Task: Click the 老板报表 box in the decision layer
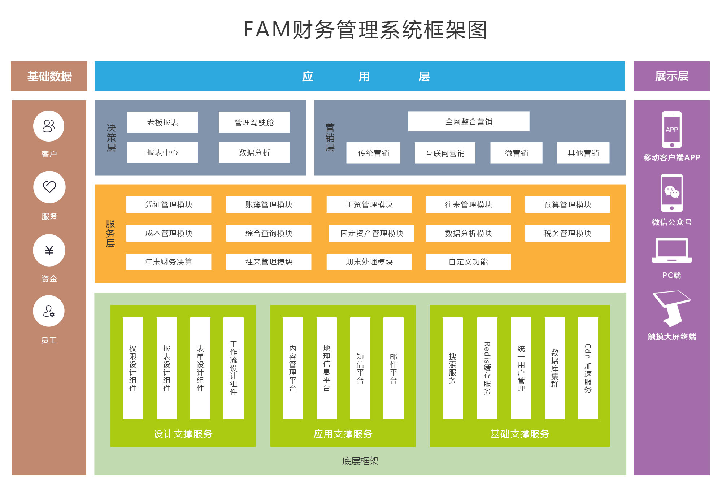click(162, 122)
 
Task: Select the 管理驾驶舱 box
click(254, 122)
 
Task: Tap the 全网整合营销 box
click(469, 122)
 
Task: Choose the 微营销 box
click(516, 153)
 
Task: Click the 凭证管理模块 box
click(169, 204)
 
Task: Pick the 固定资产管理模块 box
click(371, 233)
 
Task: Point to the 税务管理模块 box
click(567, 233)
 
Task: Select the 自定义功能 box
click(468, 262)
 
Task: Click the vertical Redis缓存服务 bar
click(487, 368)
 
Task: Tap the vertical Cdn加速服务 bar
click(588, 368)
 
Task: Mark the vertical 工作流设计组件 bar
click(234, 368)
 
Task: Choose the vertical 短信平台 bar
click(360, 368)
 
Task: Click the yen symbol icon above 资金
click(49, 250)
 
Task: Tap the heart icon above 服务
click(49, 187)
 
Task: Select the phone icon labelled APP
click(671, 130)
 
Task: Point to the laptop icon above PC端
click(672, 250)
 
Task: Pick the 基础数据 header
click(49, 76)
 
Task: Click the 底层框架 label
click(360, 461)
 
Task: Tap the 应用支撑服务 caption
click(343, 434)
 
